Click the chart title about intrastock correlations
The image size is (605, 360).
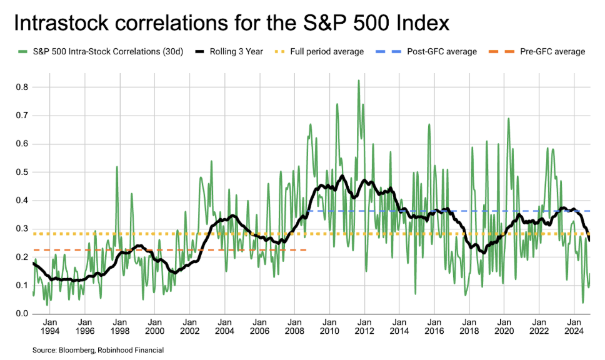coord(231,24)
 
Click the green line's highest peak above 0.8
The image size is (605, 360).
coord(358,81)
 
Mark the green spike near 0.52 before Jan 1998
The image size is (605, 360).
coord(117,167)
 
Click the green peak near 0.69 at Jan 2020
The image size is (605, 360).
coord(508,119)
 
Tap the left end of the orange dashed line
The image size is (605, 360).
coord(33,250)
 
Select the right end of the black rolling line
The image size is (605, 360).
coord(590,240)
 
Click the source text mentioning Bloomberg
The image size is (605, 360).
coord(98,350)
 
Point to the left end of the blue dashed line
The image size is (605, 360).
coord(307,211)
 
